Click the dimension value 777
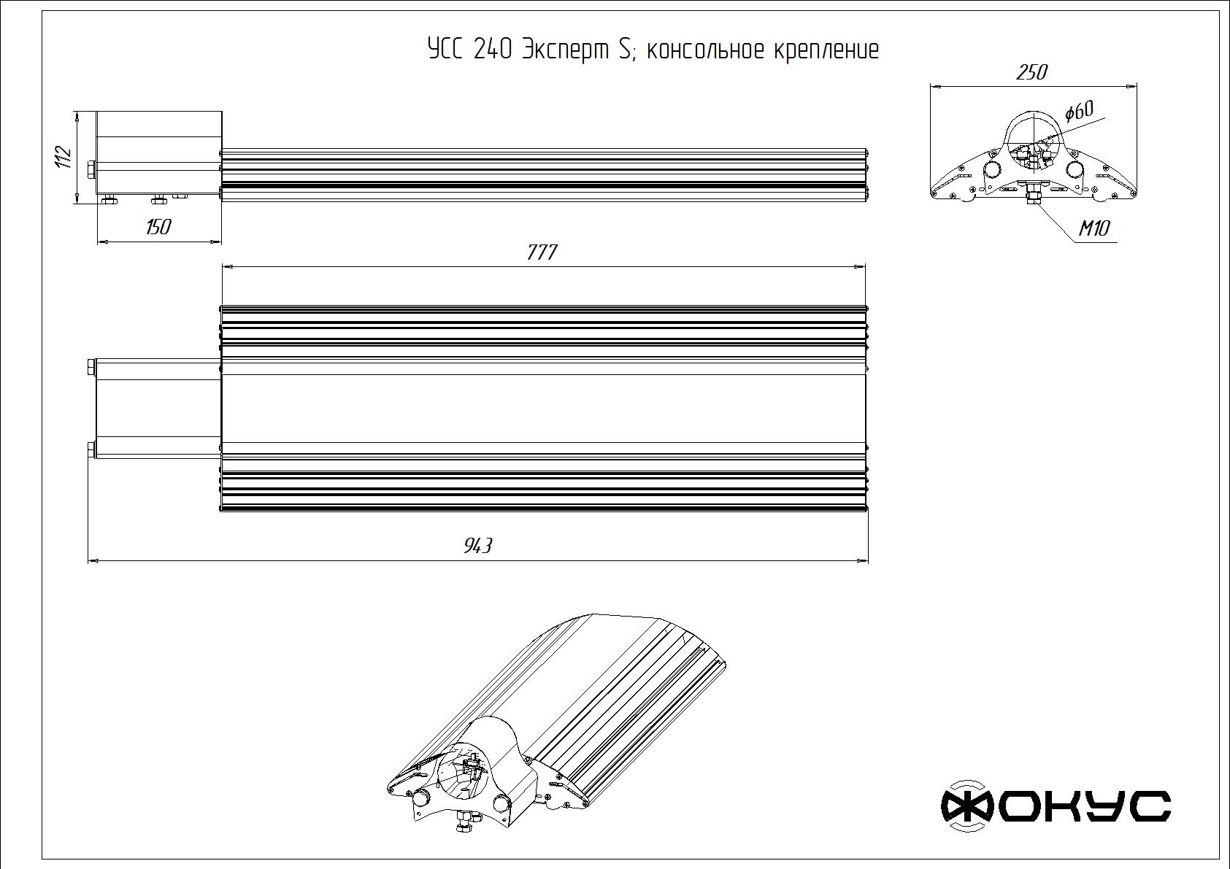coord(542,252)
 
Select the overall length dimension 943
coord(478,546)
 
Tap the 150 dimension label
coord(158,227)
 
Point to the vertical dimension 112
coord(64,156)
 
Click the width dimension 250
coord(1031,72)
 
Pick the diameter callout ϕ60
coord(1078,112)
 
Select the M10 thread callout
coord(1094,228)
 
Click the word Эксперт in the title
coord(565,50)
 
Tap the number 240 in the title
coord(493,50)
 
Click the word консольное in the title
coord(706,50)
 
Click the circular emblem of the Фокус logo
coord(967,806)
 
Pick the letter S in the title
coord(625,50)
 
